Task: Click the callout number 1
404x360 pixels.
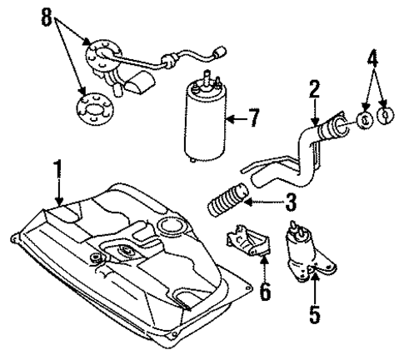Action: coord(57,172)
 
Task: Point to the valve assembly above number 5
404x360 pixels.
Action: coord(304,251)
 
